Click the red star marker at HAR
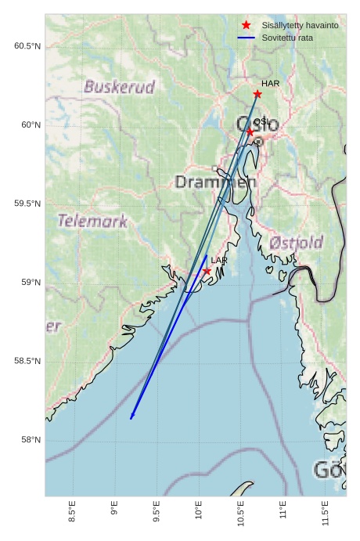257,94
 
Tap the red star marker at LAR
207,271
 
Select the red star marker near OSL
250,132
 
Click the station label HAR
270,84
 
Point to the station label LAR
219,260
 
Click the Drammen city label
215,182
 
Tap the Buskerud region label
120,87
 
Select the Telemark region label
92,221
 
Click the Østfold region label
296,243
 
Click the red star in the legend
247,26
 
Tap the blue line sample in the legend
247,38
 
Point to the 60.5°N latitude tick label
27,46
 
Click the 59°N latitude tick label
30,283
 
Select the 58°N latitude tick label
30,440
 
